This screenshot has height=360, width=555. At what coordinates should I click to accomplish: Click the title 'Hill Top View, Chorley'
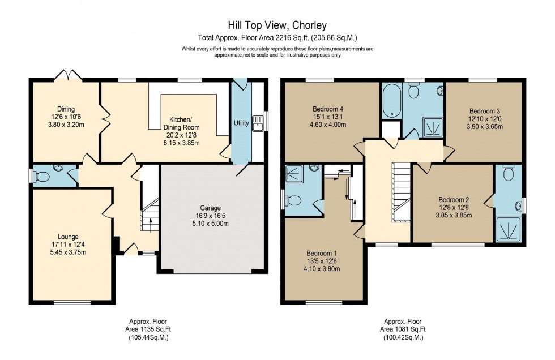277,25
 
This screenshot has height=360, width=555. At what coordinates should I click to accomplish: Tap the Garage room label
211,208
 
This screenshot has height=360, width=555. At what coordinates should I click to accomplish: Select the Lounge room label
67,237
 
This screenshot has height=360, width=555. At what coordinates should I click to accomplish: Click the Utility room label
241,123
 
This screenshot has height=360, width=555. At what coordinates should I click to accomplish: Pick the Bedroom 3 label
485,111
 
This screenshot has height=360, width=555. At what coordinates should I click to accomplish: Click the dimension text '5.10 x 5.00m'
211,224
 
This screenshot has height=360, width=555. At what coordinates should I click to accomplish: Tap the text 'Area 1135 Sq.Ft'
147,329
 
